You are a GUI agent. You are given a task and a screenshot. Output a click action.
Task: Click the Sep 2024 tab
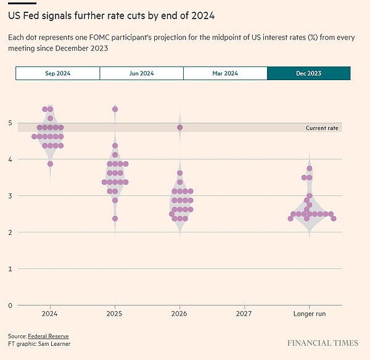[x=57, y=73]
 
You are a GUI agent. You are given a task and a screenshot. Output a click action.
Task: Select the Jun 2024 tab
[x=141, y=73]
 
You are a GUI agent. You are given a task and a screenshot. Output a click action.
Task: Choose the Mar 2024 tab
[x=225, y=73]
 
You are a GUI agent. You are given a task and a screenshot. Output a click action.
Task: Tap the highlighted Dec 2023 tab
[x=308, y=73]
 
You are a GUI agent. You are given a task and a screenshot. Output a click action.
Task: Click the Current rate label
[x=322, y=128]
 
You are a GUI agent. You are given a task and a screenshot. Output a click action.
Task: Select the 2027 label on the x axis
[x=244, y=314]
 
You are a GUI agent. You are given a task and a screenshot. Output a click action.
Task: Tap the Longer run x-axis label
[x=309, y=314]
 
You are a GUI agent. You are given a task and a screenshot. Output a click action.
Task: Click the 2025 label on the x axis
[x=115, y=314]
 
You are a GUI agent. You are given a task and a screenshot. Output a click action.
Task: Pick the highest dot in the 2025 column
[x=115, y=109]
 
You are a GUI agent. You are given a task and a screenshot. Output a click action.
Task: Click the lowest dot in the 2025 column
[x=115, y=218]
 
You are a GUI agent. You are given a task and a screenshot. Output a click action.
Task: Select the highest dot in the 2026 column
[x=179, y=128]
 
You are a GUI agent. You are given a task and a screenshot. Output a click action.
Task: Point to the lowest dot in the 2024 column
[x=50, y=164]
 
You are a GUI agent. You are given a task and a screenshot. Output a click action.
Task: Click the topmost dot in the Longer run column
[x=310, y=168]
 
